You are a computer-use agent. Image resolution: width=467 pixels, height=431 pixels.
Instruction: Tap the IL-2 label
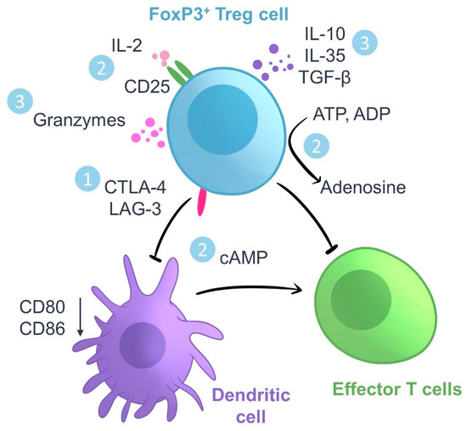pyautogui.click(x=122, y=40)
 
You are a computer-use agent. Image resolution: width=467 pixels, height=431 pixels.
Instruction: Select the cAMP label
pyautogui.click(x=247, y=253)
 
